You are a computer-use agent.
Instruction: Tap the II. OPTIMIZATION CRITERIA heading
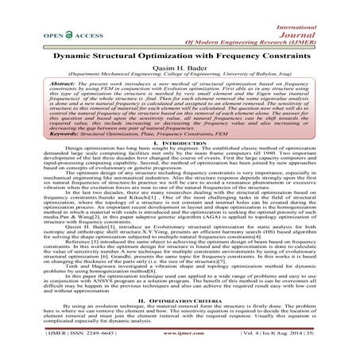(180, 300)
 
